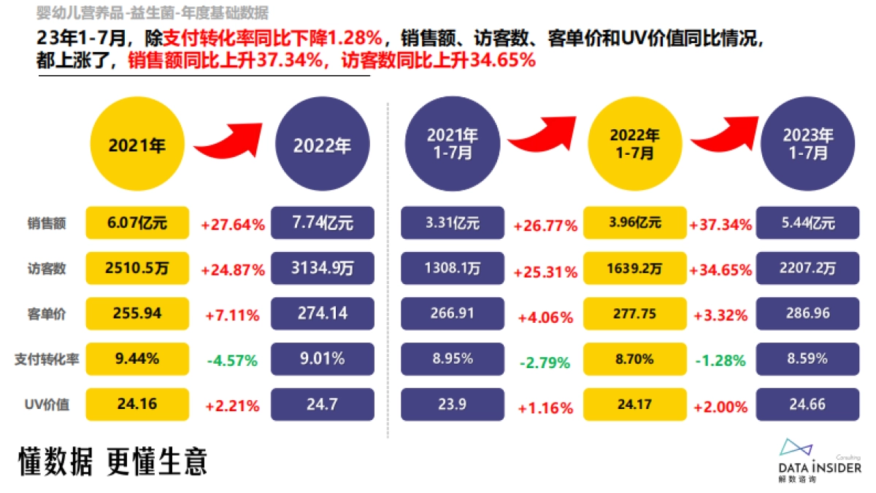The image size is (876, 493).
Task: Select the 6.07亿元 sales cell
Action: coord(137,223)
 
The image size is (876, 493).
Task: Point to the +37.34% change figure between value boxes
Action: coord(721,225)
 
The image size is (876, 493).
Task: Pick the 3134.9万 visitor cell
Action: coord(322,269)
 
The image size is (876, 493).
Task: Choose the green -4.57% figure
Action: coord(232,360)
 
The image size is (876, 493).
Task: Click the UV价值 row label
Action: coord(47,404)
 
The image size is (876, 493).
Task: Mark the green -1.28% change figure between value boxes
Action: coord(721,360)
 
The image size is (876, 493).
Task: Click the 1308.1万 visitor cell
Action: coord(453,269)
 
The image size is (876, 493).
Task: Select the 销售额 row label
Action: coord(47,224)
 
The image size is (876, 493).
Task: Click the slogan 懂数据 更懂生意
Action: coord(113,462)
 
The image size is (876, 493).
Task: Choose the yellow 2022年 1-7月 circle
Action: coord(634,144)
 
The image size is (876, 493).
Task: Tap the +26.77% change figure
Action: coord(545,226)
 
